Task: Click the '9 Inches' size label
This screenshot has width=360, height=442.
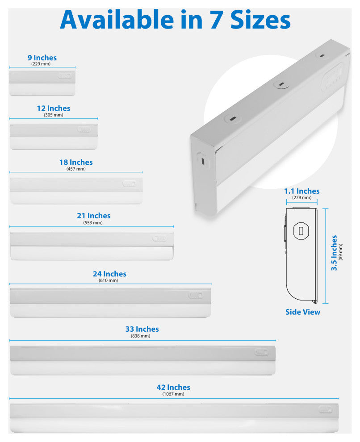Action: pos(42,58)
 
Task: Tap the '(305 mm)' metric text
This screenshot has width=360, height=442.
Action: pos(53,115)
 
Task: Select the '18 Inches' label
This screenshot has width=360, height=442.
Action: pos(76,163)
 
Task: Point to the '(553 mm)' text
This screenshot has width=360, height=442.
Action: pos(93,223)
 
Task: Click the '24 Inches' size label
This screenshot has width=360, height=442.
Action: pos(109,274)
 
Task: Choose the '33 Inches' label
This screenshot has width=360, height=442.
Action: pos(142,329)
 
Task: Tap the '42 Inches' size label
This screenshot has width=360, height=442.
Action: pos(173,388)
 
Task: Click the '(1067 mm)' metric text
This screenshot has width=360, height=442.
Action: pos(173,394)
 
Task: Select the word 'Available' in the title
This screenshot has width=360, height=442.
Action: pos(117,20)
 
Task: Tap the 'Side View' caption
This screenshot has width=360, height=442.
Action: pos(303,312)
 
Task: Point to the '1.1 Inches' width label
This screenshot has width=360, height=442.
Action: pos(301,191)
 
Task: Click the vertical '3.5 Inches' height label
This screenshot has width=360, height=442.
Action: pos(334,253)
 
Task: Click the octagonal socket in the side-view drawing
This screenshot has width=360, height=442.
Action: pos(301,231)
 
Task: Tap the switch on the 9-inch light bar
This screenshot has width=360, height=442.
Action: pos(65,76)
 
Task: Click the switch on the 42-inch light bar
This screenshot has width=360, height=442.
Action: pos(325,409)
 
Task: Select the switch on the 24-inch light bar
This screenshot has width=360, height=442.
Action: pos(195,296)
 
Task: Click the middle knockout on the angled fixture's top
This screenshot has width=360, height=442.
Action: pos(280,84)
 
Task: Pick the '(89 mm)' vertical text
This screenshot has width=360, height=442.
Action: pos(340,252)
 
